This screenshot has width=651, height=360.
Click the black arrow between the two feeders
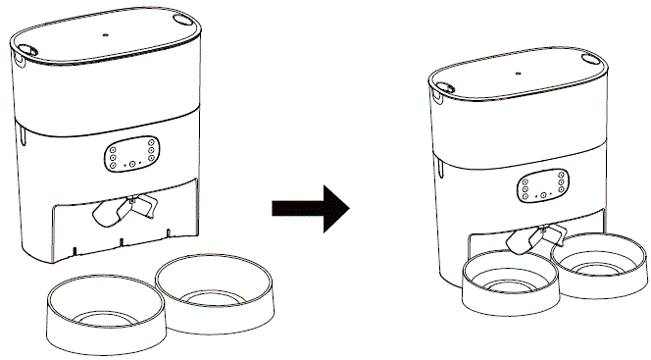point(310,207)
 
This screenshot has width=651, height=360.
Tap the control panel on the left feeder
point(131,154)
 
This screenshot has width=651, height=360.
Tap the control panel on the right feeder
point(541,185)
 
